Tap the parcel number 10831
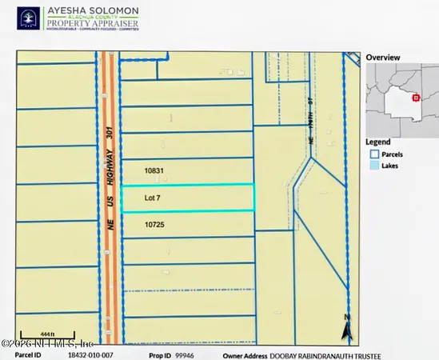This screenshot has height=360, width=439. click(x=154, y=170)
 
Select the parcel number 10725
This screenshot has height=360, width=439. click(x=154, y=226)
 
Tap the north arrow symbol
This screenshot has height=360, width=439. click(x=346, y=328)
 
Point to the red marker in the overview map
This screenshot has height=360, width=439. click(x=416, y=98)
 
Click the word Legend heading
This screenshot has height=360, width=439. click(x=380, y=142)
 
